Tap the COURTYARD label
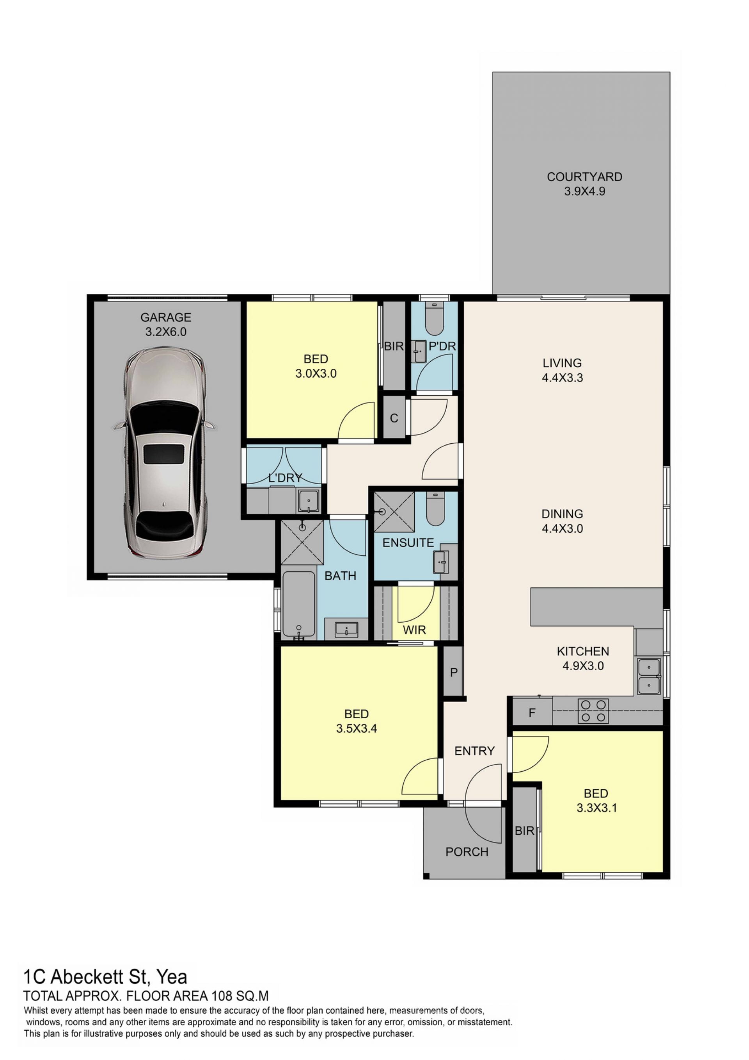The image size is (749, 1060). pyautogui.click(x=584, y=177)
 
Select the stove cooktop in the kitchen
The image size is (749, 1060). pyautogui.click(x=593, y=711)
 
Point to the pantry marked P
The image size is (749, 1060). pyautogui.click(x=453, y=671)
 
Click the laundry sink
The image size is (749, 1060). pyautogui.click(x=309, y=501)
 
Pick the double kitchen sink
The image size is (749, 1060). pyautogui.click(x=649, y=676)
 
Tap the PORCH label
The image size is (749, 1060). pyautogui.click(x=467, y=852)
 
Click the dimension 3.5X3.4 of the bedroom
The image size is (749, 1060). pyautogui.click(x=357, y=728)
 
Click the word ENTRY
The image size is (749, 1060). pyautogui.click(x=475, y=751)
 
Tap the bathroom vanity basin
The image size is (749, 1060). pyautogui.click(x=346, y=629)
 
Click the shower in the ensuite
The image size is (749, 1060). pyautogui.click(x=394, y=512)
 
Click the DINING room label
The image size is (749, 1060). pyautogui.click(x=562, y=513)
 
